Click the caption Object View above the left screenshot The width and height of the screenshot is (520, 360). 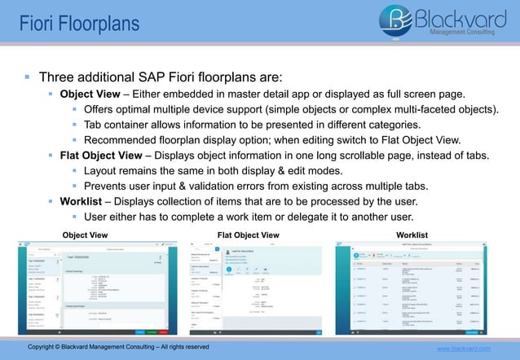point(86,235)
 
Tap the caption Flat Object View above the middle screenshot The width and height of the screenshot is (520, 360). point(249,235)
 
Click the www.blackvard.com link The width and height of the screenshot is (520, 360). point(464,349)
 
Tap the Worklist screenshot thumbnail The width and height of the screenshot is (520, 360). point(413,288)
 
